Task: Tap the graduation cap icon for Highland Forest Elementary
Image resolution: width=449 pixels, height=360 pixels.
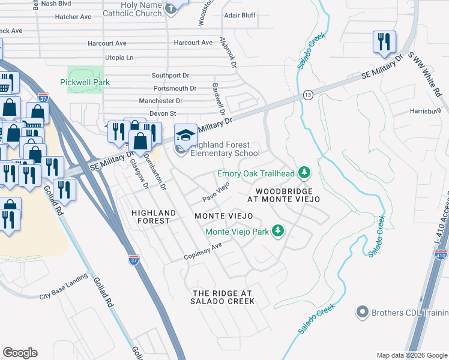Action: [185, 133]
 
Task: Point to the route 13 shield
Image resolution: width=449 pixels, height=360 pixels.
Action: [308, 95]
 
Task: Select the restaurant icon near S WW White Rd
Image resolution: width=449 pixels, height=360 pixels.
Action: [384, 41]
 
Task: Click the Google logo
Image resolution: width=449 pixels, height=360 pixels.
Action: [20, 352]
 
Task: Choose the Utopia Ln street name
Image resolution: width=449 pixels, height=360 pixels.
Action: [119, 58]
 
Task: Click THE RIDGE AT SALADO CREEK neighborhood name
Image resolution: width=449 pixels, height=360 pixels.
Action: [223, 297]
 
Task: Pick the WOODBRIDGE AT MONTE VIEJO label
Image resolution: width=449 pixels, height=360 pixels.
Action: [282, 194]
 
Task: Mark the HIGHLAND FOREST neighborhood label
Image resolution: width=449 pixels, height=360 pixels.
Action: [154, 217]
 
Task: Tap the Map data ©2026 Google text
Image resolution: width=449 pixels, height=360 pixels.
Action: [412, 355]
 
